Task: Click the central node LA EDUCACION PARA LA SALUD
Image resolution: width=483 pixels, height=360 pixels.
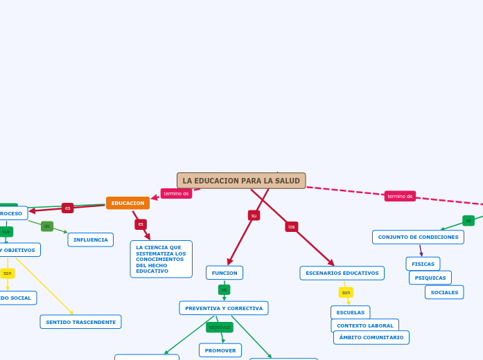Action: coord(241,181)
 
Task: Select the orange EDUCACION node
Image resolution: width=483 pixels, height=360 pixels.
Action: coord(128,203)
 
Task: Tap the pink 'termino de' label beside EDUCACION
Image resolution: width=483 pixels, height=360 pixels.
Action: coord(176,194)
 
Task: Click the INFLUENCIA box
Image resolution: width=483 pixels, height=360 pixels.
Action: coord(90,240)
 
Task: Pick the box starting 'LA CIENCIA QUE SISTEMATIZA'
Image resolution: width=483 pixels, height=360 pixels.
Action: coord(161,259)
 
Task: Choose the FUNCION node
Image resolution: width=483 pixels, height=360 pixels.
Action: coord(224,273)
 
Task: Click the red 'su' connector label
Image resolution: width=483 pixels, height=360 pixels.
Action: coord(254,215)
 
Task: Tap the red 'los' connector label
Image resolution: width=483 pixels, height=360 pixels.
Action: coord(292,226)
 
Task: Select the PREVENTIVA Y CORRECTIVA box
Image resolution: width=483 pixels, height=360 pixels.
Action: coord(223,308)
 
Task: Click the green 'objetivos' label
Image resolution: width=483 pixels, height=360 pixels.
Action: coord(220,327)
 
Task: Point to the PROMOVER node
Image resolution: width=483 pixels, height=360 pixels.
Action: coord(220,350)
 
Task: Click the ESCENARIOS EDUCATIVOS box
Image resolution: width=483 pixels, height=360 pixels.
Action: coord(342,273)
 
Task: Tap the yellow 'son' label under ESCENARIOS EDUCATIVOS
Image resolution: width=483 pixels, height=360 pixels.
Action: coord(346,292)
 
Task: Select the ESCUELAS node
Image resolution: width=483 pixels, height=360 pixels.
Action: coord(350,312)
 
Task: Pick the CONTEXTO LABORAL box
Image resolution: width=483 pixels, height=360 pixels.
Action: coord(365,325)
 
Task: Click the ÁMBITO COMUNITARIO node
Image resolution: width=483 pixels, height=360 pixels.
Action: coord(371,337)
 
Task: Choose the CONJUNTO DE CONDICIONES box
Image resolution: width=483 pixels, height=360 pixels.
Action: coord(418,237)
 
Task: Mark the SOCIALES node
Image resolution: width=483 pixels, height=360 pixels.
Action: coord(444,292)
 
